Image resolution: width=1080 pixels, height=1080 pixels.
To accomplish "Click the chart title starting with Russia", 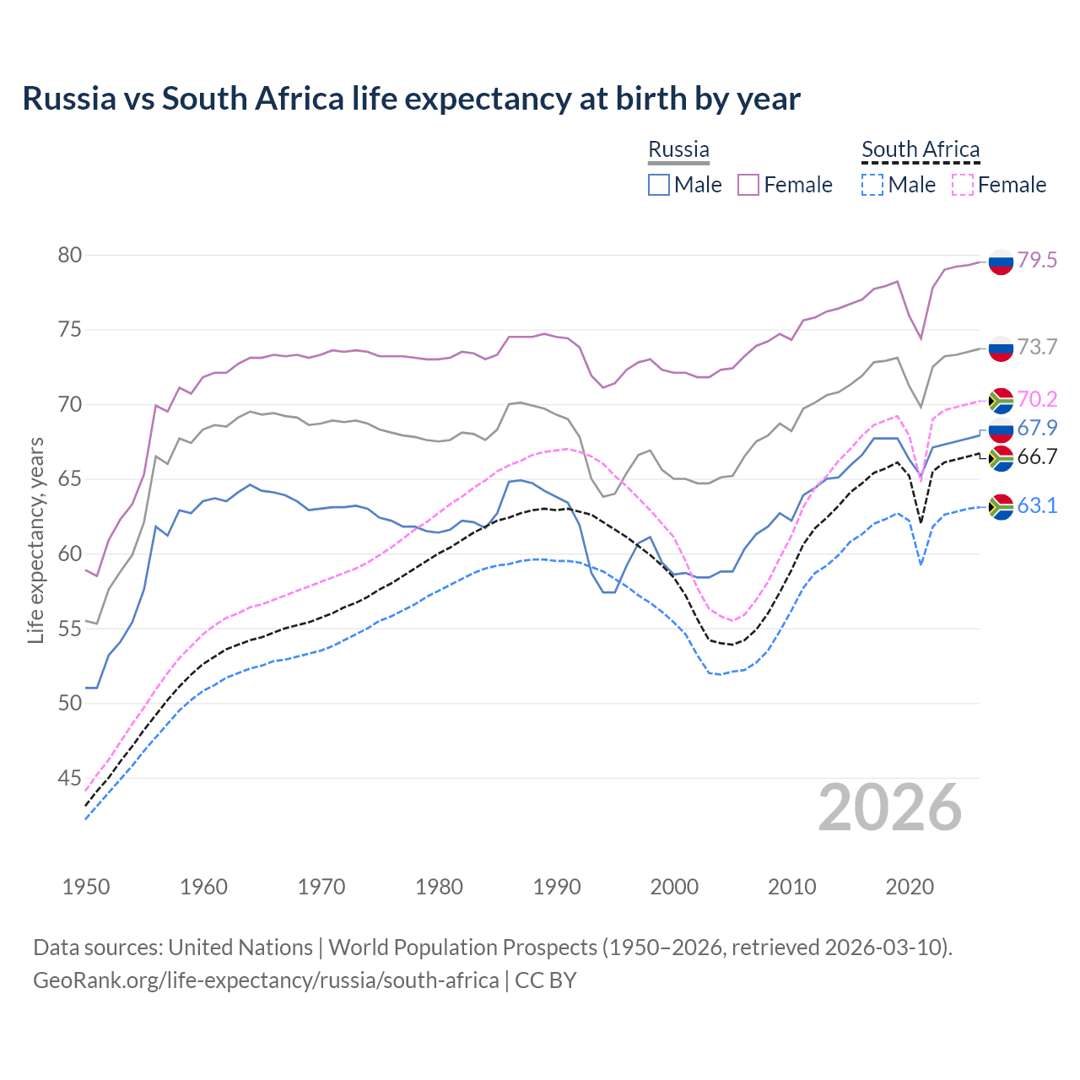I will [x=411, y=99].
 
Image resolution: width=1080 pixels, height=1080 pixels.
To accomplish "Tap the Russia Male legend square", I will [x=659, y=185].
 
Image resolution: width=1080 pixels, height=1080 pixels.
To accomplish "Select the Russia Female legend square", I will [x=748, y=185].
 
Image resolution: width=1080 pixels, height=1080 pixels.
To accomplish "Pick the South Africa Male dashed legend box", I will [x=872, y=185].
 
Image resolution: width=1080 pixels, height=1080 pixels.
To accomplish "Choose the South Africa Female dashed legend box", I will [x=963, y=185].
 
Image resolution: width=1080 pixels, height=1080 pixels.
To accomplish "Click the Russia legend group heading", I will [x=678, y=149].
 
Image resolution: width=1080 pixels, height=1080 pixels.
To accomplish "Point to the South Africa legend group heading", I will [x=921, y=149].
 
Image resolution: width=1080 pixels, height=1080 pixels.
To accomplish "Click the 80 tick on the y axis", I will [x=70, y=255].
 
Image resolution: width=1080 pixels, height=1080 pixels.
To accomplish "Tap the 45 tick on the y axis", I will [x=70, y=778].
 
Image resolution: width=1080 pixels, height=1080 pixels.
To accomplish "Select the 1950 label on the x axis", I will [x=86, y=887].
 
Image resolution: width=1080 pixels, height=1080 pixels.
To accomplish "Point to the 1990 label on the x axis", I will [x=557, y=887].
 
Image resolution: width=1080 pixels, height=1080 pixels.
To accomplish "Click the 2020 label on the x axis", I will [x=910, y=887].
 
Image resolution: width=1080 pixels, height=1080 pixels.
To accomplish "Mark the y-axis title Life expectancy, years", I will [x=36, y=540].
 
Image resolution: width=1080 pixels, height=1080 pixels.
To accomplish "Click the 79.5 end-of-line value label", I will [x=1037, y=260].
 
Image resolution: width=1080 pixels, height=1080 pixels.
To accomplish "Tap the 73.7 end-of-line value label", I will [x=1037, y=347].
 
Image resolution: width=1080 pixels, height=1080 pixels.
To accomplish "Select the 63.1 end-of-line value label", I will [x=1037, y=505].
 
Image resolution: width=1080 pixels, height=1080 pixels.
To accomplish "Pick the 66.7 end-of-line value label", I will [x=1037, y=456].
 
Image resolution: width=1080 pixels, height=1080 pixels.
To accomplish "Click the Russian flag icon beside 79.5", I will [x=1001, y=262].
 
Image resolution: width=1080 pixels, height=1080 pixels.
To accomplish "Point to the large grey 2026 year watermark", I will [x=890, y=807].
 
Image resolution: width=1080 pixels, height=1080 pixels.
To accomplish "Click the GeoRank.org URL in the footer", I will [x=266, y=980].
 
